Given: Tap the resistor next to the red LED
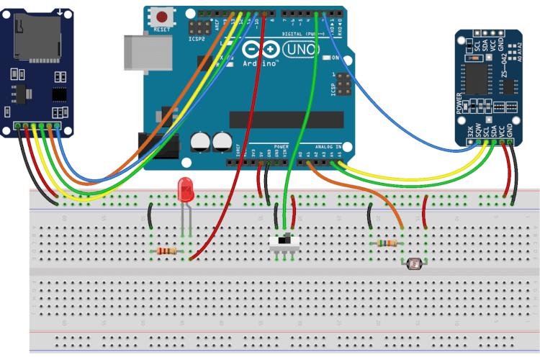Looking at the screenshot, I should [x=166, y=251].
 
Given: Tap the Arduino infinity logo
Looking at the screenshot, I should [x=261, y=50].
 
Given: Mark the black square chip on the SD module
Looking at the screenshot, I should [x=59, y=94].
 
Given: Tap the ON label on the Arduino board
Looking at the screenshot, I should [x=336, y=57].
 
